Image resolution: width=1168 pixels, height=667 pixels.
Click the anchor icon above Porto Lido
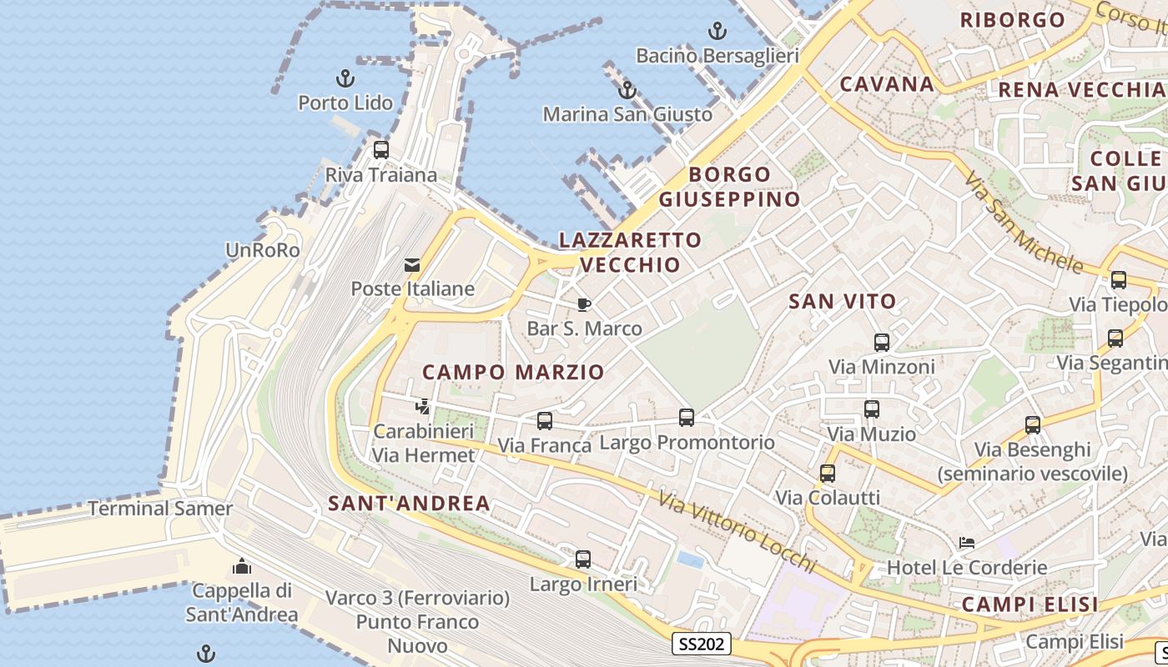[x=345, y=79]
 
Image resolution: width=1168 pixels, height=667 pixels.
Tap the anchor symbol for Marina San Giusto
[x=627, y=90]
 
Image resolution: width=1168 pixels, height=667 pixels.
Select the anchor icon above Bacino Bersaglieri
[x=717, y=32]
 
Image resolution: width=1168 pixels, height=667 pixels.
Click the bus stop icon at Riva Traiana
[x=381, y=150]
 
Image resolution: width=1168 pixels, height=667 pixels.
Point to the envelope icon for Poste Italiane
[x=412, y=265]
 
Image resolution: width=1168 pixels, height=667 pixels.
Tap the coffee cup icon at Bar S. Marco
[x=584, y=304]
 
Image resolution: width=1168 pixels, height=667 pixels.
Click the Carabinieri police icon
[x=423, y=407]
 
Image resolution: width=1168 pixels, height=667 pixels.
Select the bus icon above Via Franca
[x=545, y=421]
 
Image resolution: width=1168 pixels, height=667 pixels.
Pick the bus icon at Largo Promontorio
[x=687, y=418]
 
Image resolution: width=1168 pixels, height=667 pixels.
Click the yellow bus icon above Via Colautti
[x=828, y=474]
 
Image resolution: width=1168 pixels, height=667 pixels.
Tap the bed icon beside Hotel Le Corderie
[x=967, y=543]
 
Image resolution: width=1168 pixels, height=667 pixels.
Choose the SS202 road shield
[x=702, y=644]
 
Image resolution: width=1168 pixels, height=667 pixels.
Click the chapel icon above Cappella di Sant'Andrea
[x=242, y=567]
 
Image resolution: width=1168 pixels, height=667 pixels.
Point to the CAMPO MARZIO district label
[x=513, y=372]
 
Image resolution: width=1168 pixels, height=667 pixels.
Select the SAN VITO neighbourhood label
[x=843, y=302]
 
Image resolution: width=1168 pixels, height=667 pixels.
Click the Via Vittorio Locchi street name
[x=736, y=531]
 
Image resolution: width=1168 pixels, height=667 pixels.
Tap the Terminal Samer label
[x=160, y=508]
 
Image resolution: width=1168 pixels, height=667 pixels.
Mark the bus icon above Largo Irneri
[x=583, y=559]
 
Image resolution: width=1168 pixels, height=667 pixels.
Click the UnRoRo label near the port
[x=262, y=250]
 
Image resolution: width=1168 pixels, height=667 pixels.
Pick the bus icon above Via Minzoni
[x=882, y=342]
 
